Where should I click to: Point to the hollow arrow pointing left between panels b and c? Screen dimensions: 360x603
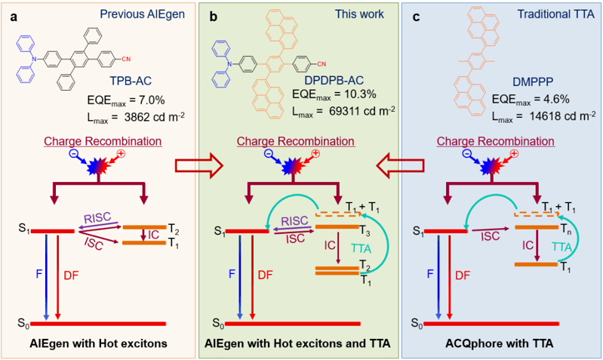[x=398, y=162]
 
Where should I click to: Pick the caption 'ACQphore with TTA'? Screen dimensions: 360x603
[x=502, y=344]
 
